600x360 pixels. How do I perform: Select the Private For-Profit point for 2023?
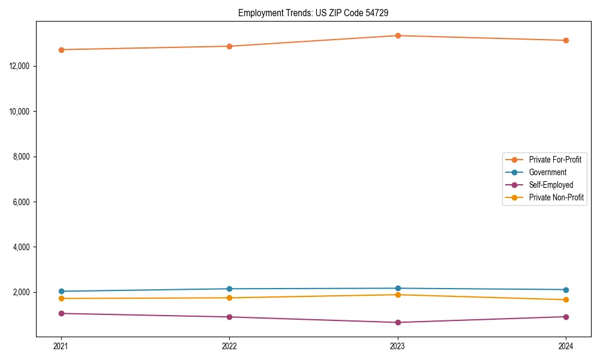pos(398,35)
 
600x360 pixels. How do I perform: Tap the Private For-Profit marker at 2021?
pos(61,50)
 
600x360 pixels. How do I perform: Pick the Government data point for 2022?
pos(229,289)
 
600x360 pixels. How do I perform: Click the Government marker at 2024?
pos(566,290)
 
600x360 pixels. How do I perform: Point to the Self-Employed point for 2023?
pos(398,322)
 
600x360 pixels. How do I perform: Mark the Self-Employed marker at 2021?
pos(61,313)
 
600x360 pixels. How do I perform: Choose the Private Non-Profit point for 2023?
pos(398,295)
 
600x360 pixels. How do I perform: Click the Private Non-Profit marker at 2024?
pos(566,299)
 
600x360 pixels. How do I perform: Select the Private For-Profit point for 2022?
pos(229,46)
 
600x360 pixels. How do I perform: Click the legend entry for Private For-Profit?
pos(555,160)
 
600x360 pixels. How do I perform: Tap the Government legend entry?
pos(547,172)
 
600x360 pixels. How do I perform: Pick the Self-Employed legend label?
pos(551,185)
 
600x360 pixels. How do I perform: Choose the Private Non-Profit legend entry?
pos(556,197)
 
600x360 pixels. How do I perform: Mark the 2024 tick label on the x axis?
pos(566,346)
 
